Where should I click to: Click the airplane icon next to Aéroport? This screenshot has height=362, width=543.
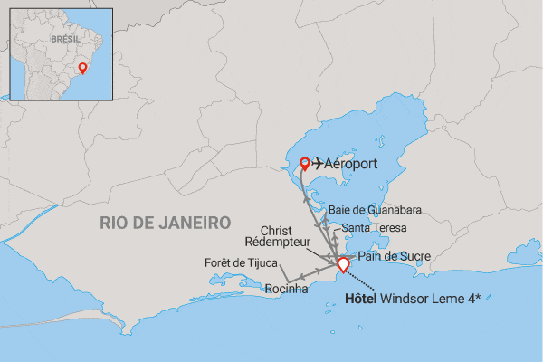(x=320, y=165)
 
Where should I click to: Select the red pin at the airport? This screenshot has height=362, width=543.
(x=305, y=164)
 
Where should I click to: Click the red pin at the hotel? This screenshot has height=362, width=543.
(x=342, y=264)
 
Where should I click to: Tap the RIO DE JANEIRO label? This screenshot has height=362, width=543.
(x=166, y=223)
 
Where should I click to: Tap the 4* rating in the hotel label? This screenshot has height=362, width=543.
(x=471, y=297)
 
